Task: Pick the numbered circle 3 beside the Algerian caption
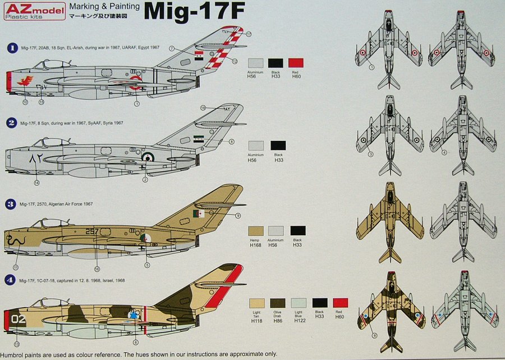(x=11, y=204)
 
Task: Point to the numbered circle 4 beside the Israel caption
(x=11, y=280)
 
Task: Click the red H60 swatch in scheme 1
(x=296, y=63)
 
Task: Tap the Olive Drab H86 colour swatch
(x=278, y=303)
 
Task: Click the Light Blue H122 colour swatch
(x=299, y=303)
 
